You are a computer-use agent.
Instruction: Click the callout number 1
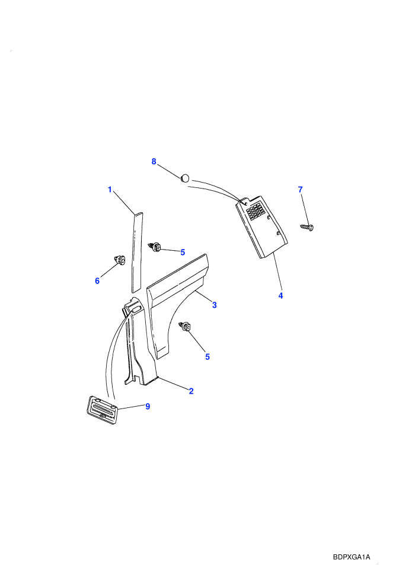click(x=110, y=189)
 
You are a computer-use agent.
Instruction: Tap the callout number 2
click(x=191, y=391)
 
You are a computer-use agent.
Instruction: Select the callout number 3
click(x=215, y=305)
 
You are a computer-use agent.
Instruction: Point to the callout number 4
click(x=280, y=295)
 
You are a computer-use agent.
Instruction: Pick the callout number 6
click(x=97, y=281)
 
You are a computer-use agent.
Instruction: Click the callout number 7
click(x=300, y=190)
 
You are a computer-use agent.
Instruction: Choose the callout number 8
click(x=154, y=161)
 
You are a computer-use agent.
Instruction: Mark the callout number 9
click(x=148, y=406)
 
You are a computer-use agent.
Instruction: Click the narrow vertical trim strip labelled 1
click(x=137, y=253)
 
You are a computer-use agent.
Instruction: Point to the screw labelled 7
click(x=307, y=226)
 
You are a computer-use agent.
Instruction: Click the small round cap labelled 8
click(x=185, y=178)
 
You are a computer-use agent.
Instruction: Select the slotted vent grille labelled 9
click(x=102, y=411)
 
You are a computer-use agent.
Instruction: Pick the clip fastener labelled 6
click(x=120, y=259)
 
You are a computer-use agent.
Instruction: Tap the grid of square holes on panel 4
click(x=256, y=212)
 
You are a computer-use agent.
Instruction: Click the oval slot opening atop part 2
click(x=135, y=309)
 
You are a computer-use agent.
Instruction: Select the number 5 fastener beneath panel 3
click(x=185, y=327)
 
